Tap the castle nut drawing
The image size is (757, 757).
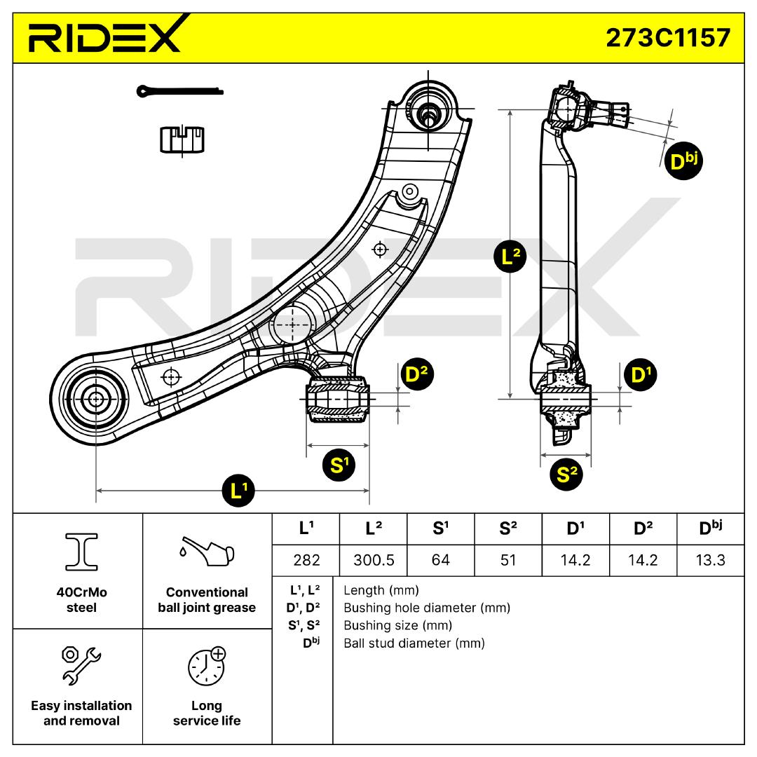pyautogui.click(x=182, y=139)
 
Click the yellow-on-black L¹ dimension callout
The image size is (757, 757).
pyautogui.click(x=238, y=491)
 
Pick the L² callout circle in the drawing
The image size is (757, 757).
pyautogui.click(x=511, y=257)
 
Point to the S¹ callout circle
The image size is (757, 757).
pyautogui.click(x=339, y=465)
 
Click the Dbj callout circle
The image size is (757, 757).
pyautogui.click(x=682, y=161)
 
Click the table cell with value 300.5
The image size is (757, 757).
pyautogui.click(x=373, y=560)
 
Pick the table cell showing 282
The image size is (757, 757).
pyautogui.click(x=306, y=560)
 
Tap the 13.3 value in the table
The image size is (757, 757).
pyautogui.click(x=711, y=560)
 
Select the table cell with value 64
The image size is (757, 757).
pyautogui.click(x=440, y=560)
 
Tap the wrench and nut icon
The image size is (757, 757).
pyautogui.click(x=81, y=664)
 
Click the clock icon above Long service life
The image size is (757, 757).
pyautogui.click(x=207, y=667)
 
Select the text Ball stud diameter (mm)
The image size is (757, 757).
pyautogui.click(x=414, y=643)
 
